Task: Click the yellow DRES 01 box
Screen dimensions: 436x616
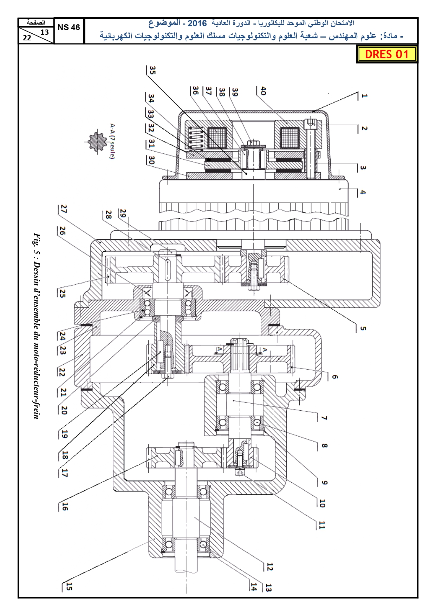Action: [x=386, y=54]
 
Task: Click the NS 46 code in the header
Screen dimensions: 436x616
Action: [x=69, y=27]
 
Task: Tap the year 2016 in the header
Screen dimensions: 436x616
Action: [x=197, y=24]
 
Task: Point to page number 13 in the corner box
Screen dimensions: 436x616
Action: [x=45, y=32]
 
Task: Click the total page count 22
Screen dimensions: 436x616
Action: [x=27, y=38]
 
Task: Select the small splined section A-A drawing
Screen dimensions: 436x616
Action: [x=97, y=141]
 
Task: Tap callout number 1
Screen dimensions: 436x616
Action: [x=364, y=95]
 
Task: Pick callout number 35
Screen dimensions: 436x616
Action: [x=152, y=70]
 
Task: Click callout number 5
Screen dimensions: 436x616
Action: [x=363, y=329]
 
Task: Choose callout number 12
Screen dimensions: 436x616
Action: [x=269, y=567]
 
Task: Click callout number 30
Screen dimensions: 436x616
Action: [x=151, y=160]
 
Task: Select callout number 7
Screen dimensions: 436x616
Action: [x=324, y=418]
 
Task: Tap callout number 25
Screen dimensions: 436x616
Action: [x=62, y=293]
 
